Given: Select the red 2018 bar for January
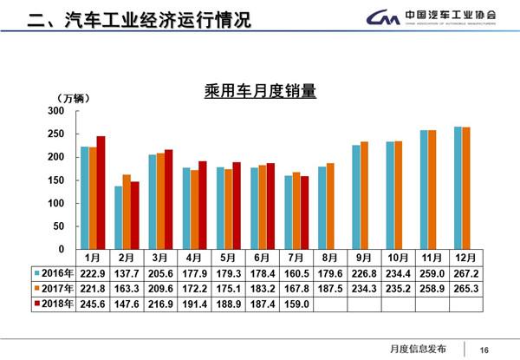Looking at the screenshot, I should pos(101,192).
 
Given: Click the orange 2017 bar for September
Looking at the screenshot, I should pos(364,194).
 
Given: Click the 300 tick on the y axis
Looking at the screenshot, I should pos(56,111).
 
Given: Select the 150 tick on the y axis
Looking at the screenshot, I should pos(56,180).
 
